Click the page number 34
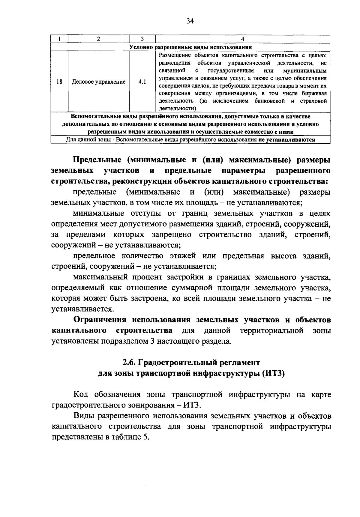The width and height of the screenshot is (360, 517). coord(190,21)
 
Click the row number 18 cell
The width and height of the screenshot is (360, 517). coord(59,82)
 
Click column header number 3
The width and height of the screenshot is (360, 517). coord(142,39)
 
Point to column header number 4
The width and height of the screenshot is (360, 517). coord(243,39)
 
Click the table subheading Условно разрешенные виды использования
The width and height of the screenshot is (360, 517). coord(190,47)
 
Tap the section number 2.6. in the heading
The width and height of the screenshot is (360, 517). coord(130,363)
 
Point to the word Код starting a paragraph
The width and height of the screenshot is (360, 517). coord(80,394)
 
